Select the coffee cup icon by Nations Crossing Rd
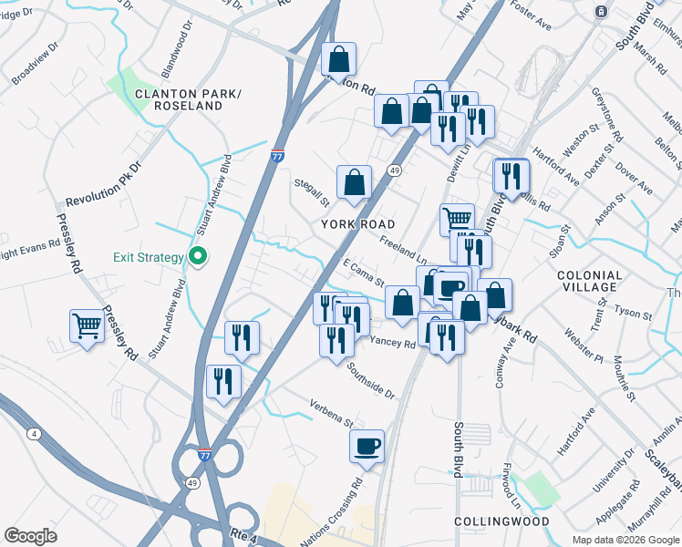(x=367, y=446)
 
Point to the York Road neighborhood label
(x=358, y=224)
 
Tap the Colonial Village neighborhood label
(x=589, y=281)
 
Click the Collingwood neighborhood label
(x=501, y=521)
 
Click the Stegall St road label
(x=311, y=192)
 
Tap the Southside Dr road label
(x=370, y=381)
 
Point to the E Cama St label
(x=364, y=272)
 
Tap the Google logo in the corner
(x=30, y=536)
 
